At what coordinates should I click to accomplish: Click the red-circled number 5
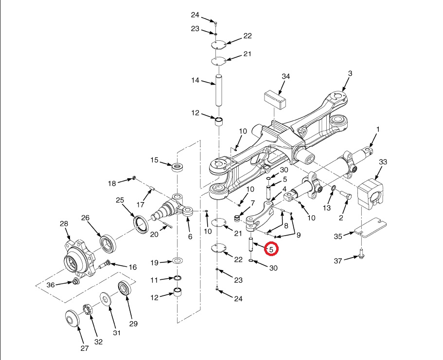[x=271, y=250]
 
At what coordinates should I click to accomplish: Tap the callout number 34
[x=285, y=76]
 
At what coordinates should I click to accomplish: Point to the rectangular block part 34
[x=275, y=100]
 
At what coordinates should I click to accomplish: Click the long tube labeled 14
[x=219, y=90]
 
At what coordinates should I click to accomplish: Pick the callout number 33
[x=383, y=162]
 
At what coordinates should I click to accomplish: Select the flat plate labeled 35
[x=370, y=225]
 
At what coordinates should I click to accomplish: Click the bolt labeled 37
[x=361, y=253]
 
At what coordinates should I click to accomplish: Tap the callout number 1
[x=378, y=129]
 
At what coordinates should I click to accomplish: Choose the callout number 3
[x=350, y=73]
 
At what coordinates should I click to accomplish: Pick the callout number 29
[x=133, y=324]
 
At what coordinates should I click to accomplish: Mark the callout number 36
[x=51, y=285]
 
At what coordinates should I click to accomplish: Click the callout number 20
[x=154, y=234]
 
